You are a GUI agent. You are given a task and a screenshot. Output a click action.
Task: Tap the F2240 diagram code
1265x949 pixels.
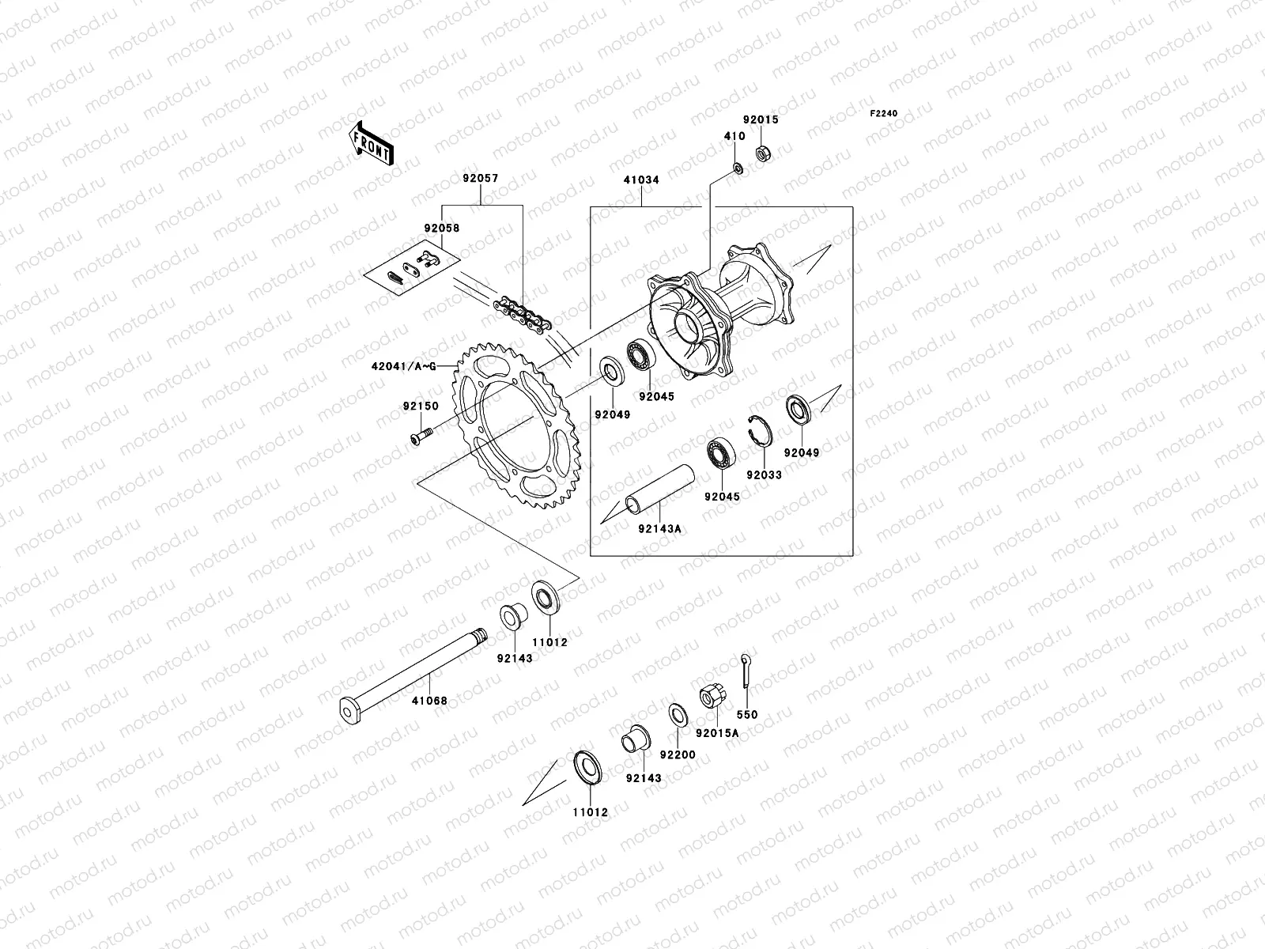[x=884, y=114]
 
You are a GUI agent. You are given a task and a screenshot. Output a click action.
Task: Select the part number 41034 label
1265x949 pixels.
[x=640, y=180]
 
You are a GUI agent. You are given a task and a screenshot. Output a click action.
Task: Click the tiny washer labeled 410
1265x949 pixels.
[x=736, y=168]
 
